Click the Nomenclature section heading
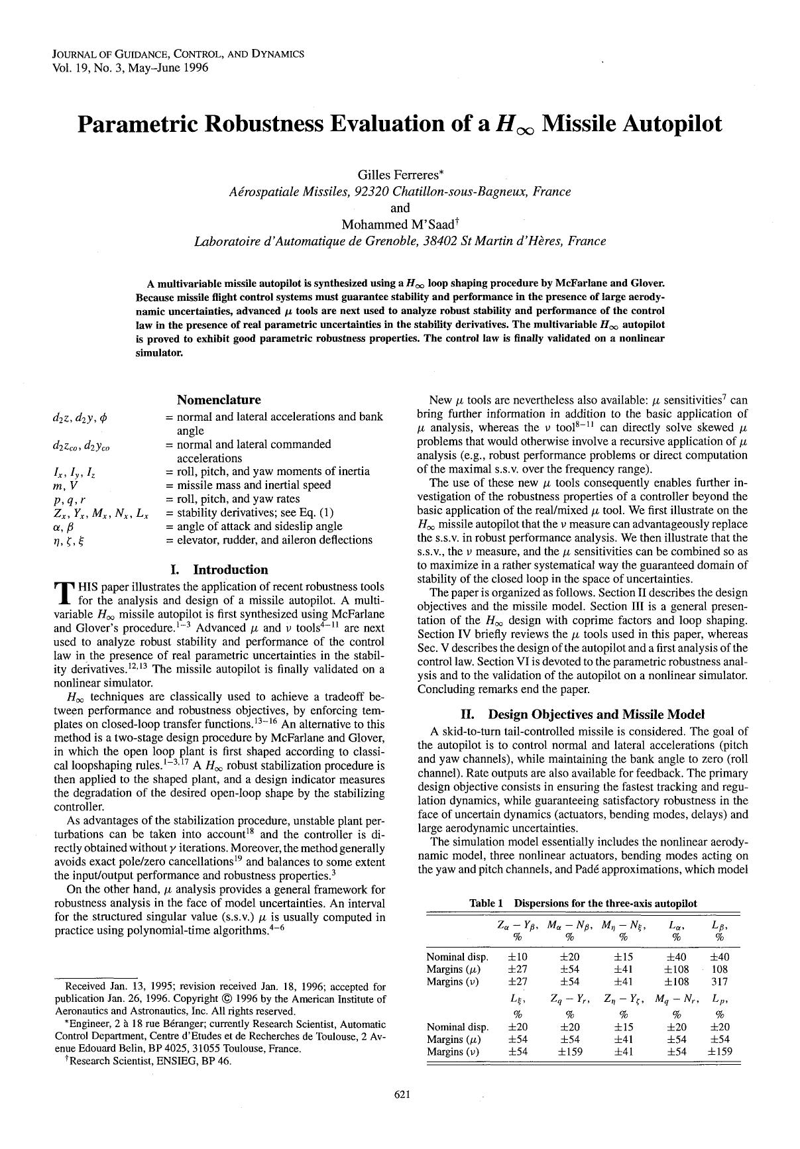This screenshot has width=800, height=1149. [219, 400]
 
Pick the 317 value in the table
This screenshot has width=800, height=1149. [719, 981]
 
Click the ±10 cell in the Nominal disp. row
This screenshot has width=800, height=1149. [517, 957]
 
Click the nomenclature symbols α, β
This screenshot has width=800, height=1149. [63, 526]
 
